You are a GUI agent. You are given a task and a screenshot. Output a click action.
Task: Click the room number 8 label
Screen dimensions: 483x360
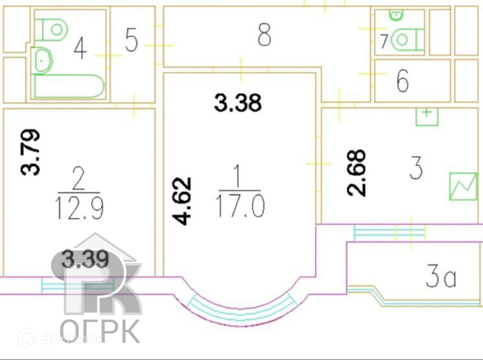(264, 35)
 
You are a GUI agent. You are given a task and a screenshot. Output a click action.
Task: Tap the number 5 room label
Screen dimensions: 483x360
(131, 40)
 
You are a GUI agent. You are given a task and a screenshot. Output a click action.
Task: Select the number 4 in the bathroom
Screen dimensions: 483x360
(80, 48)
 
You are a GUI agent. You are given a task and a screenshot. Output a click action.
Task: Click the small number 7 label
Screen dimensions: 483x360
(384, 41)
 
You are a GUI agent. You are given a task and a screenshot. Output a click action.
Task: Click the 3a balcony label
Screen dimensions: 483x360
(440, 278)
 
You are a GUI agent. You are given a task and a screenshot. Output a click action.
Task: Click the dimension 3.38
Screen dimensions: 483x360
(238, 103)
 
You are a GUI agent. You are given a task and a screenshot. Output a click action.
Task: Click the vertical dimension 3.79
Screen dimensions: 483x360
(30, 152)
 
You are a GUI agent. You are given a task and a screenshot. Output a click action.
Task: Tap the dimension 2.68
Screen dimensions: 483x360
(356, 172)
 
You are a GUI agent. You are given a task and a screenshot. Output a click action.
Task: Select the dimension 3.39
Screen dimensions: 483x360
(85, 260)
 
